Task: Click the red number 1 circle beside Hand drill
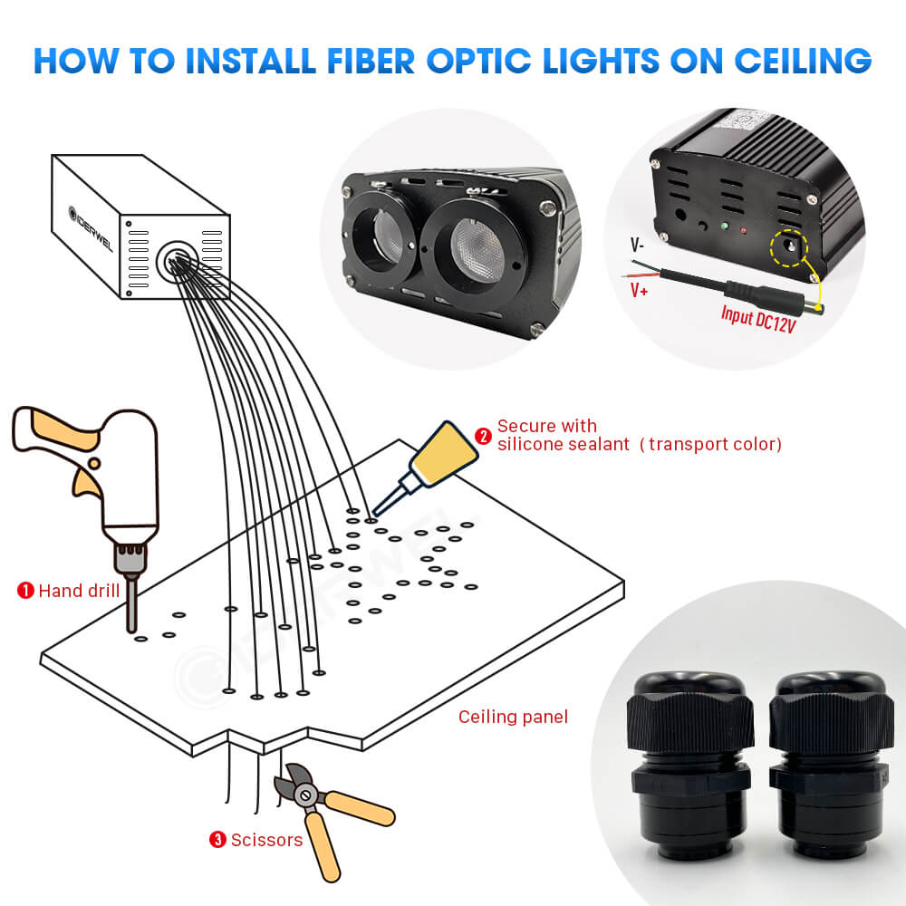point(26,591)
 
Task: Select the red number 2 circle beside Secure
point(484,436)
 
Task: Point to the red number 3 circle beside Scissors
point(217,840)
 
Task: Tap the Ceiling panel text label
point(513,718)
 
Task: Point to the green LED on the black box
point(723,226)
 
